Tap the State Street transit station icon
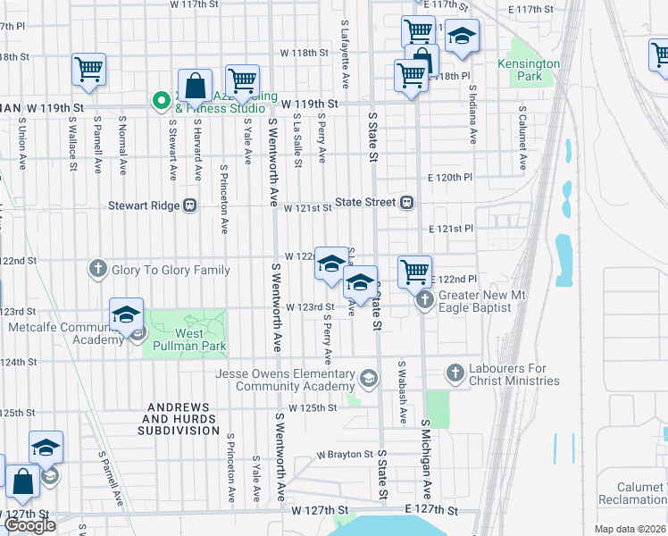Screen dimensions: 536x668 click(x=406, y=203)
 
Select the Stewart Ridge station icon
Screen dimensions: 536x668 click(x=189, y=205)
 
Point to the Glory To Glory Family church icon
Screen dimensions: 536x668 click(x=99, y=269)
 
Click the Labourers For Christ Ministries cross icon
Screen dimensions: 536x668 click(x=455, y=372)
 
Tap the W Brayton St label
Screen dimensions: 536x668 click(x=345, y=454)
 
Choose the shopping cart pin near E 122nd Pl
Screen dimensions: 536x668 click(x=414, y=270)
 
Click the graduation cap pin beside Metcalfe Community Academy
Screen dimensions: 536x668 click(x=127, y=314)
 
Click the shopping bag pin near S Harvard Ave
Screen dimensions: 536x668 click(x=195, y=86)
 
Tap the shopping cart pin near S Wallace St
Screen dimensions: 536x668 click(x=89, y=68)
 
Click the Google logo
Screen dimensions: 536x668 click(x=29, y=525)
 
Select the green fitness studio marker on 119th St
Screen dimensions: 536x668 click(x=162, y=101)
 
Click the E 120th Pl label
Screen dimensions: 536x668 click(x=449, y=178)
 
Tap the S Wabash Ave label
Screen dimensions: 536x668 click(x=402, y=392)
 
